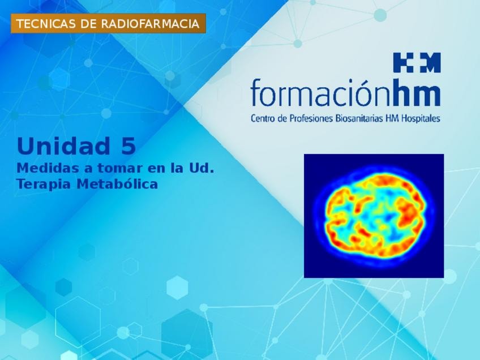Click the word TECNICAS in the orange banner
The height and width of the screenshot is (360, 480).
tap(46, 24)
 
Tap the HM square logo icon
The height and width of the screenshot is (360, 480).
tap(417, 62)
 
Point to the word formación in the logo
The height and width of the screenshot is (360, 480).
tap(322, 92)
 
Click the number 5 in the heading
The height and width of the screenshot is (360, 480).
tap(128, 146)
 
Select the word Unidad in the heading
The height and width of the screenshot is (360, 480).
tap(63, 146)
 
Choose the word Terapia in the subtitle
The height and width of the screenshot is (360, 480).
tap(44, 185)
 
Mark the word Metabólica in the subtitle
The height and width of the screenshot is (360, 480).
tap(117, 184)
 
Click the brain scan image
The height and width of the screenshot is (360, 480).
tap(374, 216)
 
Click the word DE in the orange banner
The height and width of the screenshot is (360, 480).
tap(88, 24)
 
